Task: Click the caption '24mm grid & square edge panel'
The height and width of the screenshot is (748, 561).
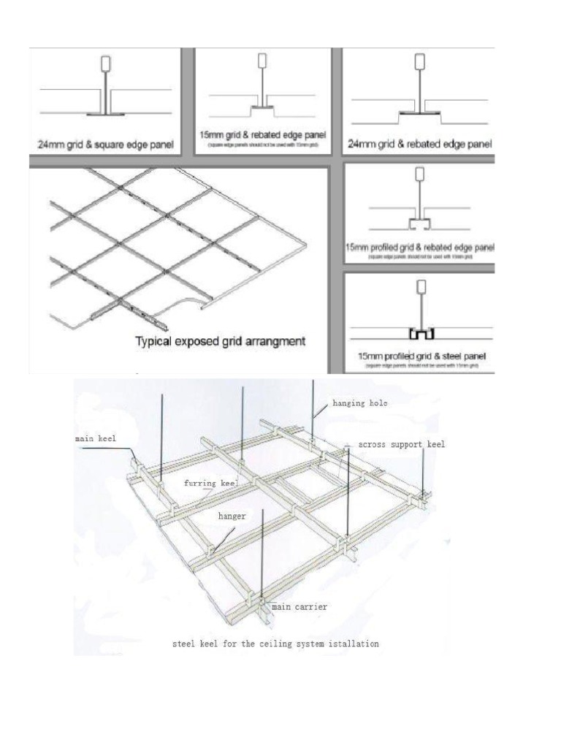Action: pyautogui.click(x=106, y=145)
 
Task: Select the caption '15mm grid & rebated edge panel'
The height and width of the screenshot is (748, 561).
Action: pyautogui.click(x=263, y=135)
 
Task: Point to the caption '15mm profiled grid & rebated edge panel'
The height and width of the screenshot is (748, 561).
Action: pyautogui.click(x=419, y=248)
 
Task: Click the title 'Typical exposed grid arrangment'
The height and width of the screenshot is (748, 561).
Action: pyautogui.click(x=220, y=341)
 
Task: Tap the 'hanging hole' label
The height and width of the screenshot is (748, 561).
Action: pyautogui.click(x=360, y=402)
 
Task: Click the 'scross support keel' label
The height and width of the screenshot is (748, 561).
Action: pyautogui.click(x=402, y=443)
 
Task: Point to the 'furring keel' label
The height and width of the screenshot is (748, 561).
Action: pyautogui.click(x=211, y=483)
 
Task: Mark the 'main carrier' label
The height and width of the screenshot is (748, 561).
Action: pyautogui.click(x=299, y=606)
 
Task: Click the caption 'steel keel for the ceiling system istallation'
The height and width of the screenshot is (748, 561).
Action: pyautogui.click(x=275, y=644)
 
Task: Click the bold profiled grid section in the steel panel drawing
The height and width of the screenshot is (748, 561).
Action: pyautogui.click(x=421, y=335)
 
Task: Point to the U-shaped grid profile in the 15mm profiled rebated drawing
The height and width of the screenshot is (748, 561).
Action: pyautogui.click(x=420, y=221)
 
